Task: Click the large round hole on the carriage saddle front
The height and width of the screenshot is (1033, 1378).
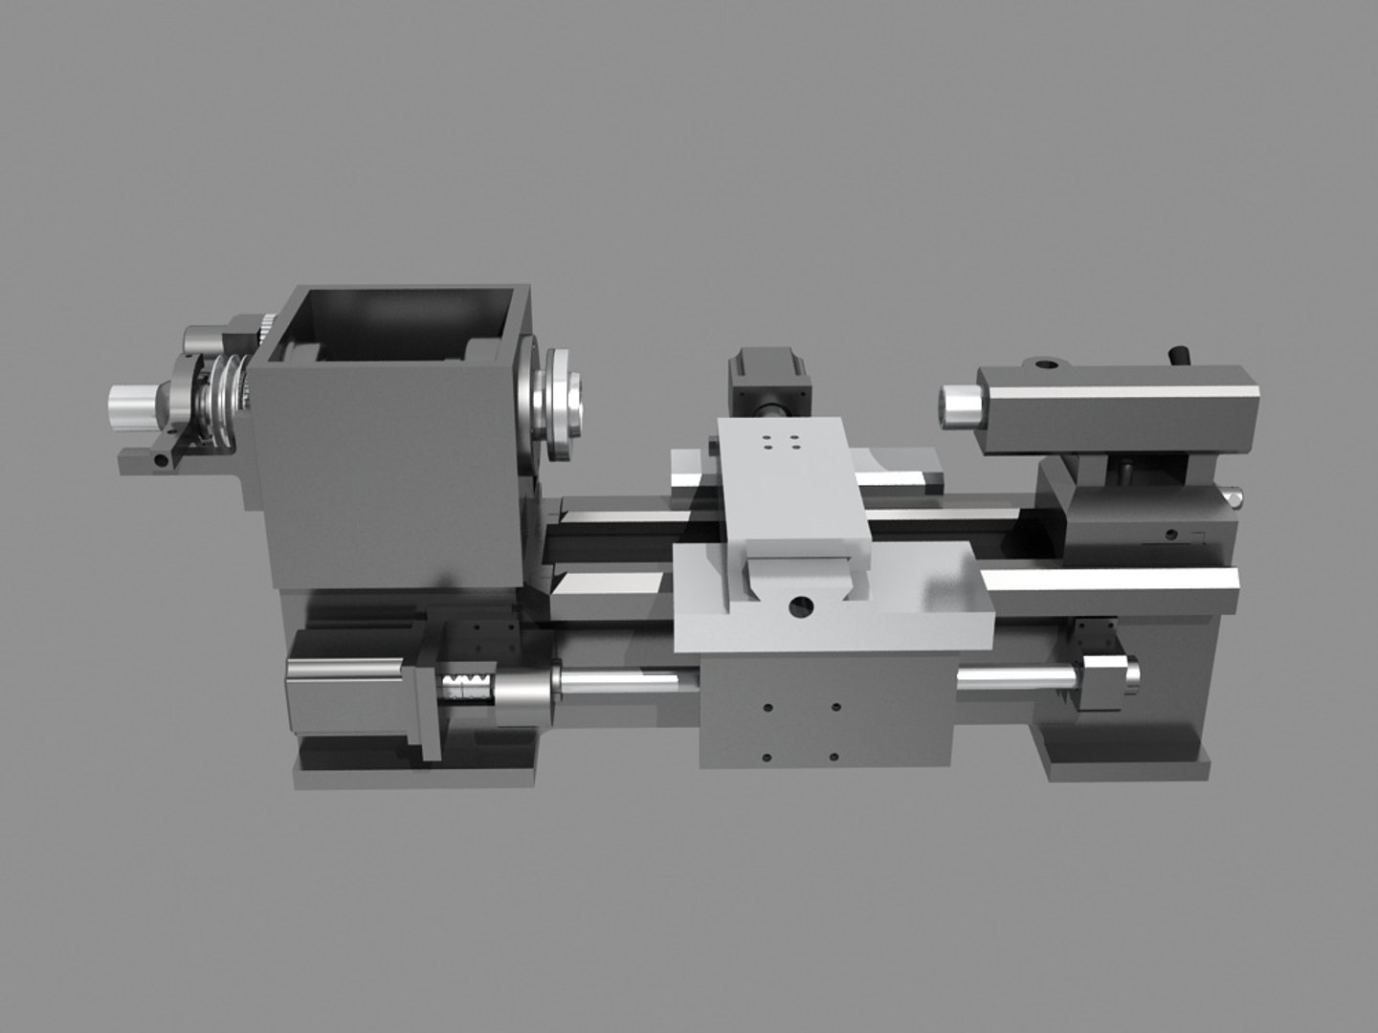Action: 801,605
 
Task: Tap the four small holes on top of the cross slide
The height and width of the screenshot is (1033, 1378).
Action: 781,442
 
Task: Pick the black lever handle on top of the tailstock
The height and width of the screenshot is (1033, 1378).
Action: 1179,355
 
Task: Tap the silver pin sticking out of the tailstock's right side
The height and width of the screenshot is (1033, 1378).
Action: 1235,496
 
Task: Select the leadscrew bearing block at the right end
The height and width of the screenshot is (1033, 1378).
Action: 1105,679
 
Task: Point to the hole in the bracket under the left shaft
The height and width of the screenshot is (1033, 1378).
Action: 160,461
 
